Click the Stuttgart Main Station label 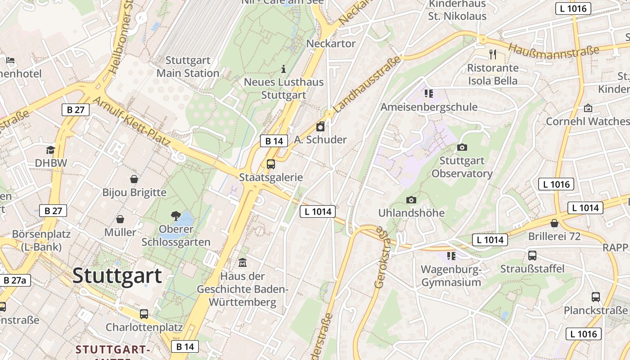click(188, 67)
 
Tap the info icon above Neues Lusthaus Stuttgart click(283, 69)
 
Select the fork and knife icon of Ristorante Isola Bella click(493, 54)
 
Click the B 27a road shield click(15, 280)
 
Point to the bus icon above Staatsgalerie click(271, 164)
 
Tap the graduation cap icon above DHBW click(50, 150)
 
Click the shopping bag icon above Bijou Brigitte click(134, 179)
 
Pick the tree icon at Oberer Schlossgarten click(176, 216)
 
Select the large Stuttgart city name click(117, 275)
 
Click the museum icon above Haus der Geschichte click(243, 262)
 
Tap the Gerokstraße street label click(382, 258)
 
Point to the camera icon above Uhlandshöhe click(411, 200)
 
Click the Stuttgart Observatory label click(462, 167)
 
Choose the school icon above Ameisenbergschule click(428, 94)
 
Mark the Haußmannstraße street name click(554, 49)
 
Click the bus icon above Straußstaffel click(532, 256)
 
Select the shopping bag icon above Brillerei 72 click(554, 223)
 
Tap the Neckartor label click(331, 44)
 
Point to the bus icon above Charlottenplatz click(144, 314)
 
